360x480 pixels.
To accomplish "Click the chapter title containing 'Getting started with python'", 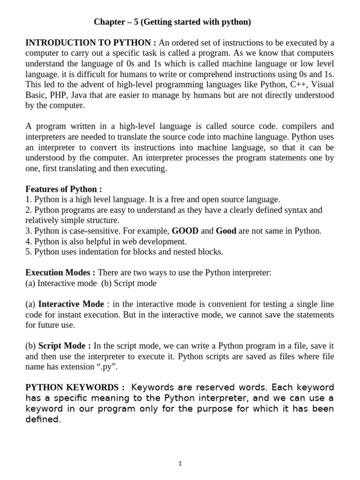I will coord(172,22).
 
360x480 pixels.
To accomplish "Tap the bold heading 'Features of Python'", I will coord(63,189).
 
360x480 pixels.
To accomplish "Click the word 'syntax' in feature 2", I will coord(283,210).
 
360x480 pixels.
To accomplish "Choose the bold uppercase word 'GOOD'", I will coord(185,231).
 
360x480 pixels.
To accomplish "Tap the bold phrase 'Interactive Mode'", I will coord(71,304).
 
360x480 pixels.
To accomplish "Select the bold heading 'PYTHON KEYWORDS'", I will coord(75,388).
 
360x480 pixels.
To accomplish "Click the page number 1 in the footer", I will coord(180,464).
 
